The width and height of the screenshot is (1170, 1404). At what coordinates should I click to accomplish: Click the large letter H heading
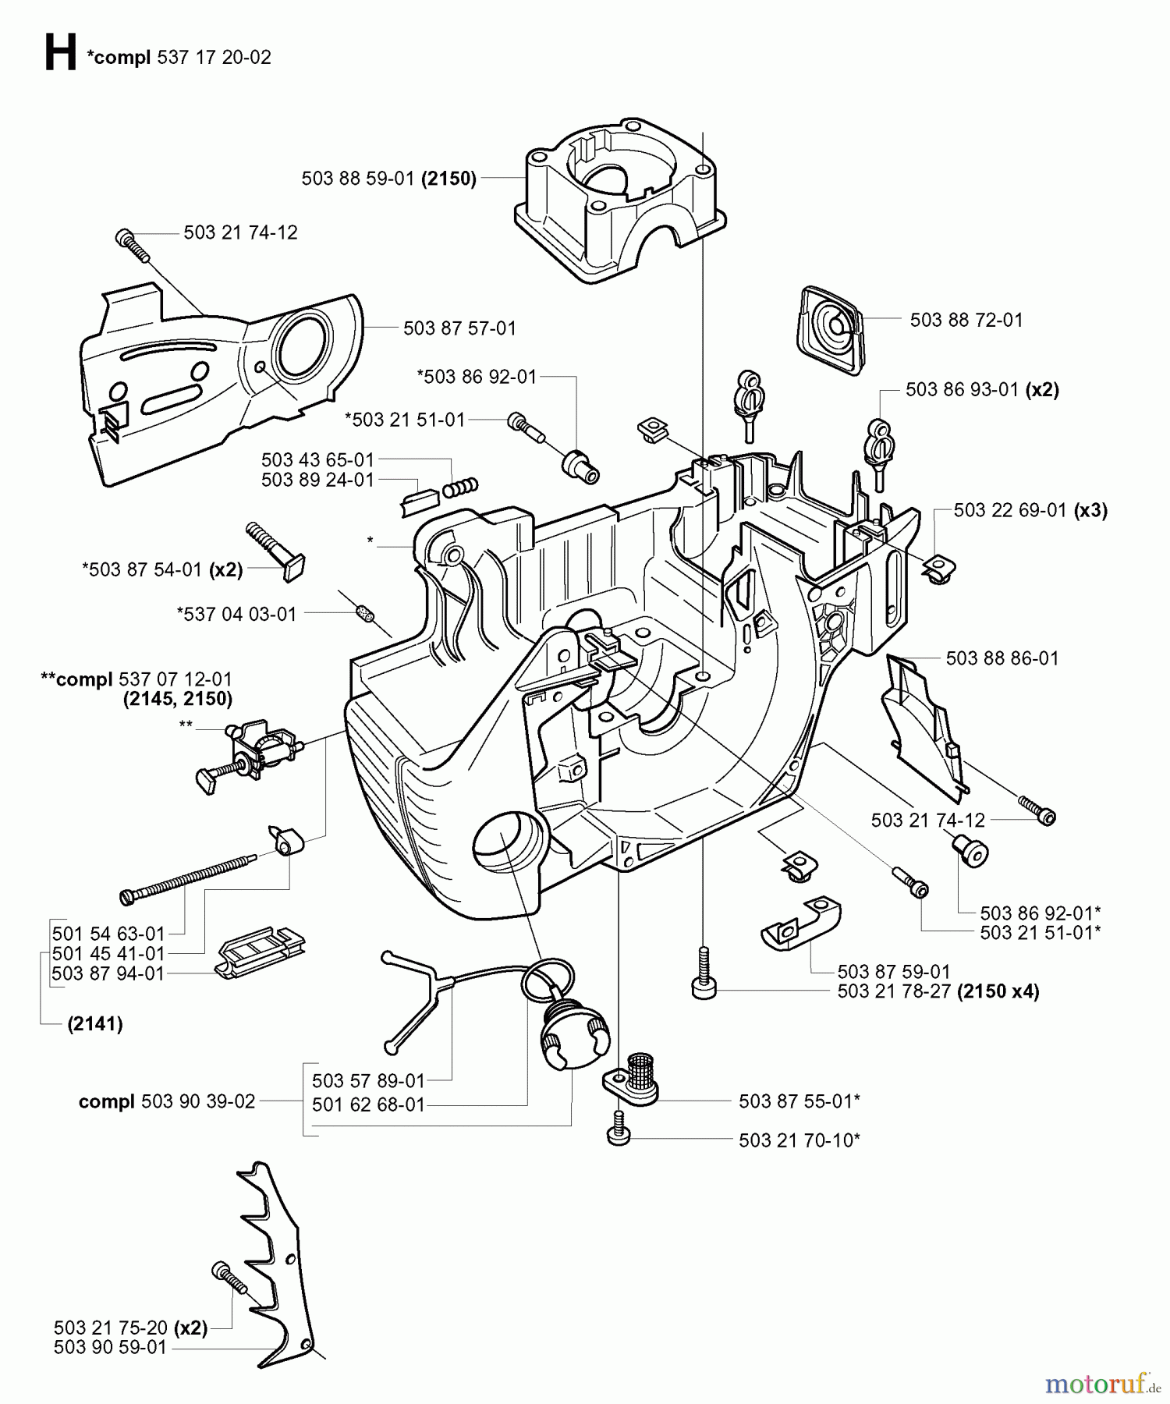pyautogui.click(x=60, y=54)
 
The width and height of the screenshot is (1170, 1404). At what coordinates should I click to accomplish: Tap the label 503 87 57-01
pyautogui.click(x=459, y=328)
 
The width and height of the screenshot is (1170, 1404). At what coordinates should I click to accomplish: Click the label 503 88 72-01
pyautogui.click(x=966, y=320)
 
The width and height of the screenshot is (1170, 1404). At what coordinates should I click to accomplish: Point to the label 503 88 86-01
pyautogui.click(x=1002, y=658)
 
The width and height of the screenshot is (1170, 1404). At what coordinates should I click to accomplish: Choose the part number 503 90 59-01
pyautogui.click(x=110, y=1347)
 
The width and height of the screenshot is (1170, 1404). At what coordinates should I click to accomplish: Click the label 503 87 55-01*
pyautogui.click(x=799, y=1101)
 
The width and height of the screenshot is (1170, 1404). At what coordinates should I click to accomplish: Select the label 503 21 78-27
pyautogui.click(x=895, y=991)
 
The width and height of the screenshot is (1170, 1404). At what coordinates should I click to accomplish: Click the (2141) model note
pyautogui.click(x=94, y=1024)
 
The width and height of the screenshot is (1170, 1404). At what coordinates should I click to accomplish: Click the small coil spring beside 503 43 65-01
pyautogui.click(x=460, y=487)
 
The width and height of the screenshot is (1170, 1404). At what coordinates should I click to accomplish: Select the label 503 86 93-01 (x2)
pyautogui.click(x=982, y=389)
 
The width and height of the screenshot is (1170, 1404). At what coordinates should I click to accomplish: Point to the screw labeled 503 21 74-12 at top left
pyautogui.click(x=131, y=242)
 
